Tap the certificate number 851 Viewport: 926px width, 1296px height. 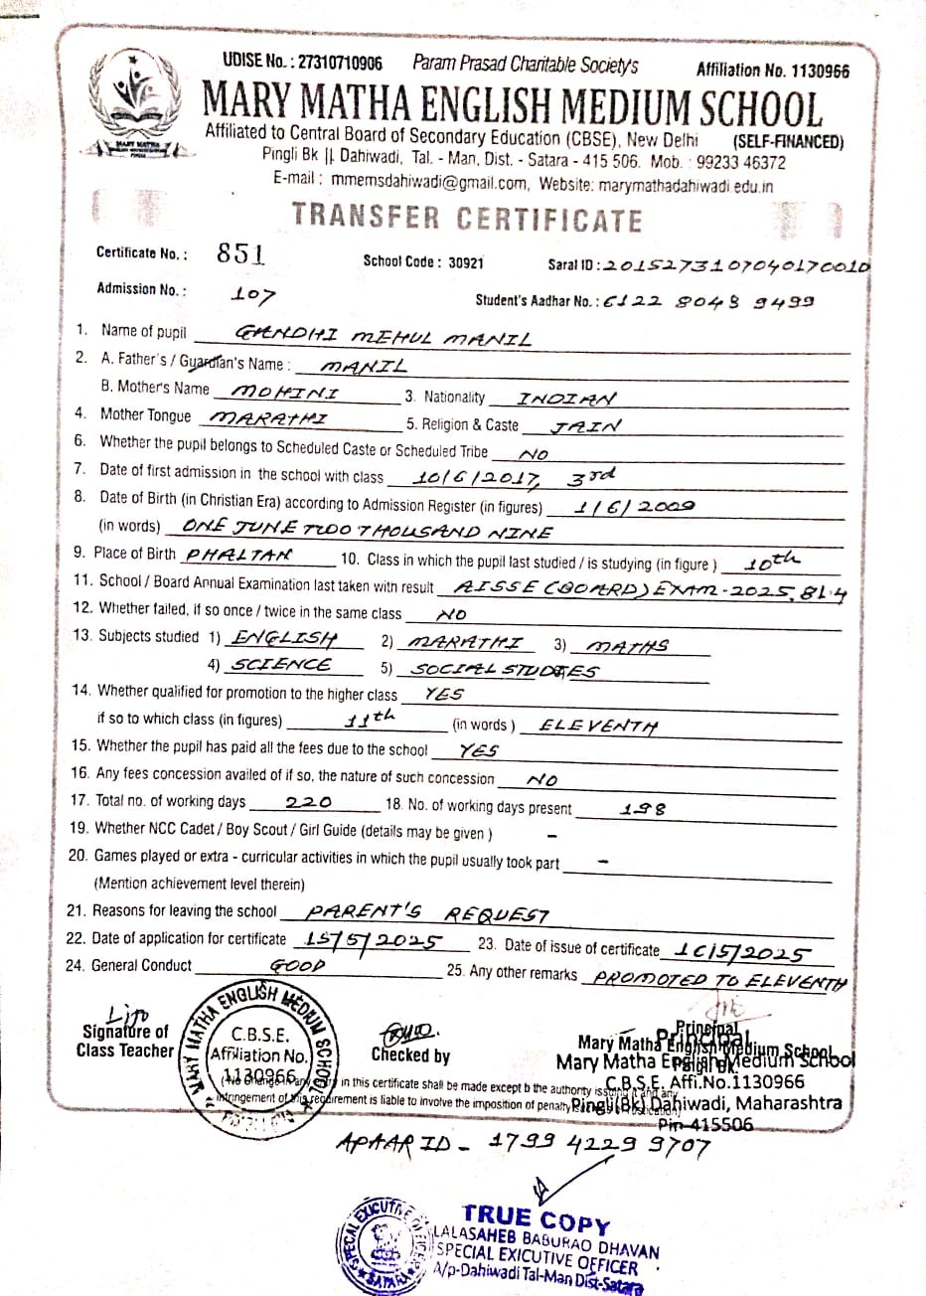point(240,253)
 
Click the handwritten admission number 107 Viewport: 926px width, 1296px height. point(252,294)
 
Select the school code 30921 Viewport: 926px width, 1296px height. point(465,262)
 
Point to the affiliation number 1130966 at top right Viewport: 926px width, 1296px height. point(813,71)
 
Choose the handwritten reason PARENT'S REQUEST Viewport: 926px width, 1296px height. point(427,911)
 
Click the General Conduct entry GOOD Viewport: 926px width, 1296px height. point(297,965)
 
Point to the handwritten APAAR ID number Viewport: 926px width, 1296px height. point(600,1146)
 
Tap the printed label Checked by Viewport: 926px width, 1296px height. point(410,1055)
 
